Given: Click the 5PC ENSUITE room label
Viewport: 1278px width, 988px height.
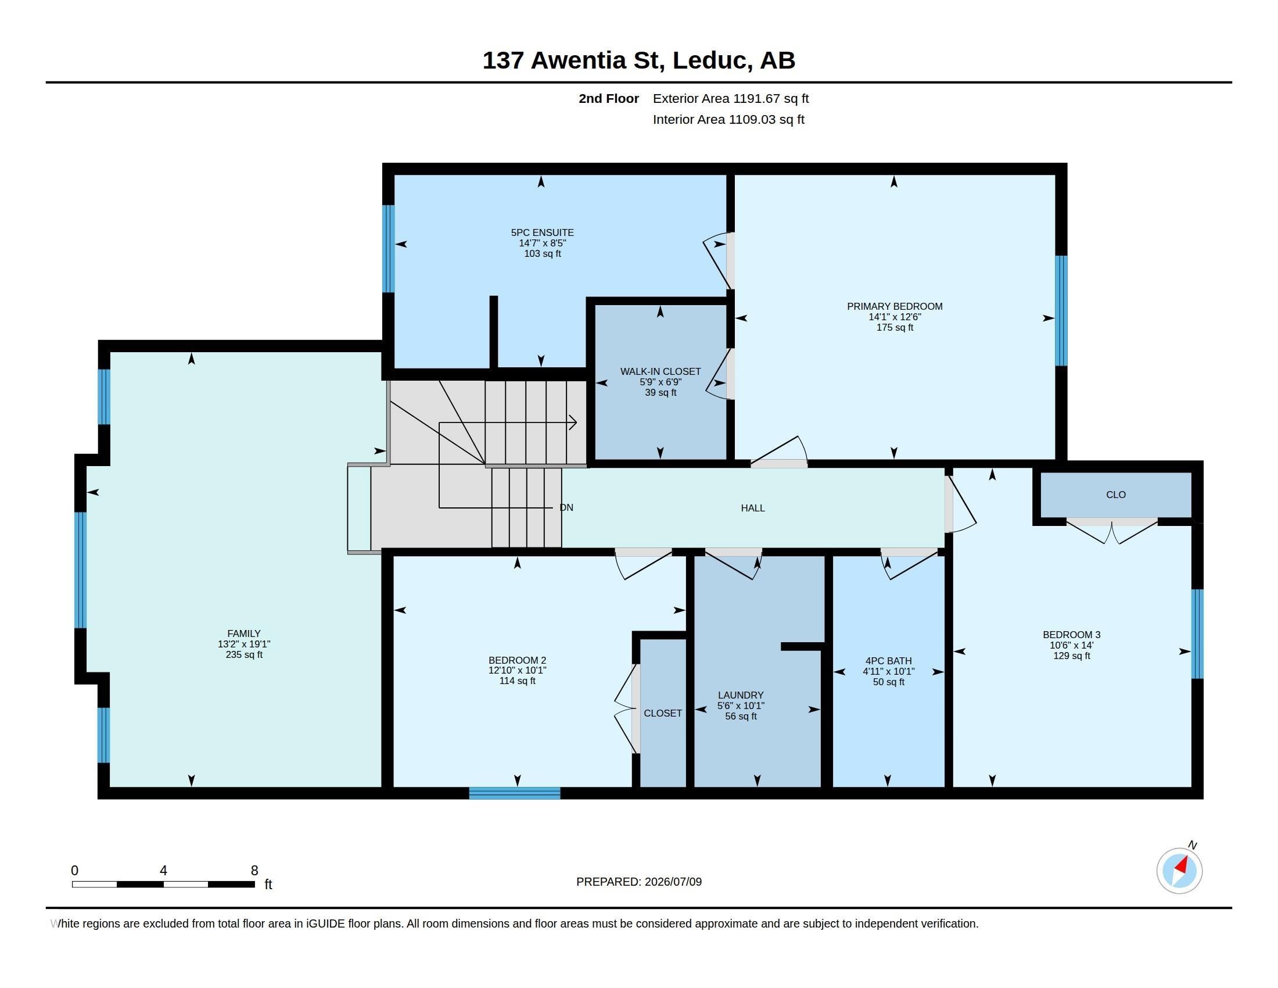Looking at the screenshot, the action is tap(543, 232).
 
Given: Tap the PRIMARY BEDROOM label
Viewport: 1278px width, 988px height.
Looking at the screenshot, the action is tap(895, 306).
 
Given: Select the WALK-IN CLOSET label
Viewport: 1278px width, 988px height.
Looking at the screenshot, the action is tap(660, 372).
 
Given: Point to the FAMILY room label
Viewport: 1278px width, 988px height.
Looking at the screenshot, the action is tap(244, 633).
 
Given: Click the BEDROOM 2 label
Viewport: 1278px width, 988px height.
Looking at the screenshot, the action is tap(517, 660).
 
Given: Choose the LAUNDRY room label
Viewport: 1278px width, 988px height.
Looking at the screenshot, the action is tap(741, 695).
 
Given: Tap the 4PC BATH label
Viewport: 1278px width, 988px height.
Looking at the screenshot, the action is tap(888, 661).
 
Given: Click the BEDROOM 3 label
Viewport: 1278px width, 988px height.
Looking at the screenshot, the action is tap(1071, 635).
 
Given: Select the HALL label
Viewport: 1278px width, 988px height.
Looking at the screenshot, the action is tap(753, 508).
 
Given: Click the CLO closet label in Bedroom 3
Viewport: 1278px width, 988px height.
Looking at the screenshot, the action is tap(1116, 495).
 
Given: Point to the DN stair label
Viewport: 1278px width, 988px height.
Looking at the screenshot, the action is tap(566, 507).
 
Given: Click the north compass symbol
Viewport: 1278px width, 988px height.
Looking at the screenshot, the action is tap(1180, 871).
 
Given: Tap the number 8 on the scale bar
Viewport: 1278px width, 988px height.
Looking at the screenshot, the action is tap(254, 871).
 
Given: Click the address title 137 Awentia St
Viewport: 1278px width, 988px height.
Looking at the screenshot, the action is tap(573, 60).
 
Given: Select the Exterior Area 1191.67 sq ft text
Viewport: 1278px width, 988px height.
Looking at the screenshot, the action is tap(731, 98).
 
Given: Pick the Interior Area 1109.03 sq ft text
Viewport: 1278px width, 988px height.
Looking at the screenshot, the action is tap(728, 119).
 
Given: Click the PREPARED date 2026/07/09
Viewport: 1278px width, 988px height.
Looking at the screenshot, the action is tap(673, 882).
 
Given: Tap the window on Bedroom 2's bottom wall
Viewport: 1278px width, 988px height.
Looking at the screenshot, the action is tap(515, 793).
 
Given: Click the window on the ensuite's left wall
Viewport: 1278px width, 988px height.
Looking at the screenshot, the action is tap(389, 249).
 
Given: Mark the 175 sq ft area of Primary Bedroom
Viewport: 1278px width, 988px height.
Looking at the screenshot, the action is tap(895, 327).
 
